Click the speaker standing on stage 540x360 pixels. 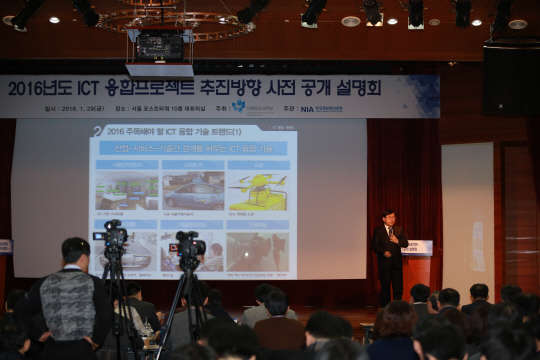tap(388, 255)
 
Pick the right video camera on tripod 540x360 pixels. tap(188, 246)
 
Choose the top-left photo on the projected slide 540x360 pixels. tap(126, 190)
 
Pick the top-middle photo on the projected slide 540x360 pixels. tap(192, 190)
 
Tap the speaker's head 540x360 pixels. tap(388, 217)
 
